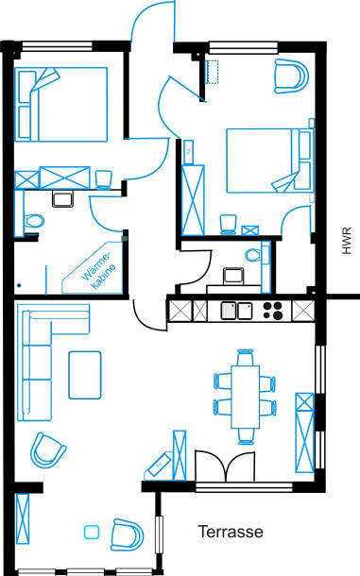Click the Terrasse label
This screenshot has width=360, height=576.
231,532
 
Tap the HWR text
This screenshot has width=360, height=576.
347,241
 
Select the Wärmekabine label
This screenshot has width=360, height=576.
99,271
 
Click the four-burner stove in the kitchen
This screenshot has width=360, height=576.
272,311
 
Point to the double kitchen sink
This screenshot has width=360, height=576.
236,311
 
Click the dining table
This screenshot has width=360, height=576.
246,397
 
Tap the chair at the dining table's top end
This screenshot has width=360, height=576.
246,357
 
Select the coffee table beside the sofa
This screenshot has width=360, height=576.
85,375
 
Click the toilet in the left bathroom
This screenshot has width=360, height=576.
34,221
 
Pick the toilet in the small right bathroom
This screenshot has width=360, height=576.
253,255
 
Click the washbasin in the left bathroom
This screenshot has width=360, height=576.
63,198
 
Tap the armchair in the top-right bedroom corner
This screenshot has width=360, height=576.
291,76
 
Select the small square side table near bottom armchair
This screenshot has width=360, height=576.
92,532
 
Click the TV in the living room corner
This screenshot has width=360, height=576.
159,465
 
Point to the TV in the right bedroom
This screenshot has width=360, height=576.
188,151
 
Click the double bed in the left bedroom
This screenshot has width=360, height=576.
61,104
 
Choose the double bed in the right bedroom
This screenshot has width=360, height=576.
270,161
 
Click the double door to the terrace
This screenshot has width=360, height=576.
225,466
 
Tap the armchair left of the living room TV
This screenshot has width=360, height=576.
48,450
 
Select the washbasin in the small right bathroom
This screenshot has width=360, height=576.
233,276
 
